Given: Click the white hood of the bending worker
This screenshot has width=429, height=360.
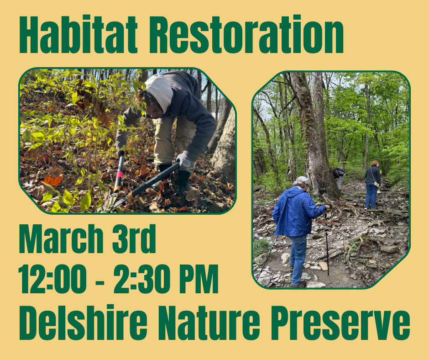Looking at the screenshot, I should click(160, 91).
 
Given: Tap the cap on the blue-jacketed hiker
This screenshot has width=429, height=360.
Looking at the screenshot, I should click(302, 180).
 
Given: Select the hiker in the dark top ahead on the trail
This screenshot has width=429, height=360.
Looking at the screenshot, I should click(372, 183).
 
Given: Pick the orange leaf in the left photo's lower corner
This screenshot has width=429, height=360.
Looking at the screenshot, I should click(52, 180).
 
